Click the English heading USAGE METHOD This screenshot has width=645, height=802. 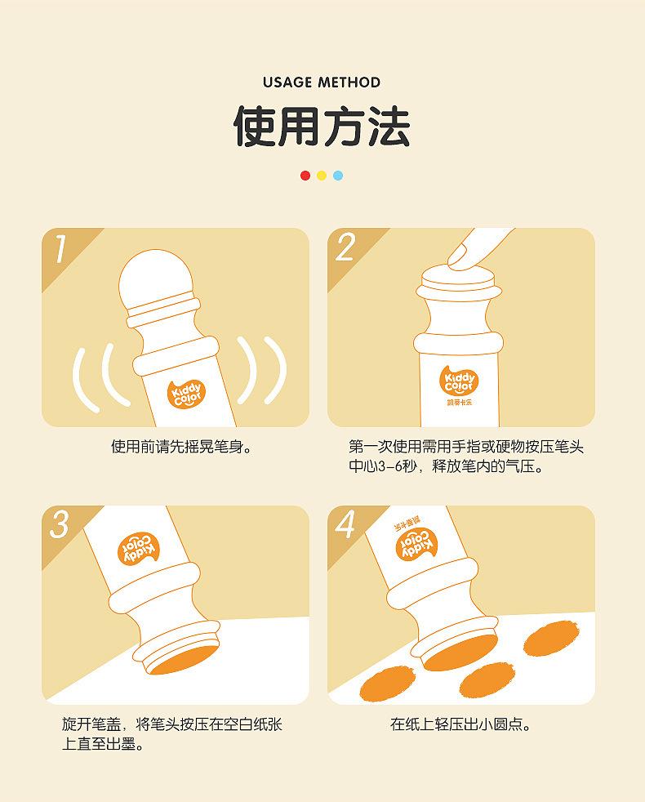[x=322, y=82]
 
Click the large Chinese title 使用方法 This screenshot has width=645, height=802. [x=322, y=127]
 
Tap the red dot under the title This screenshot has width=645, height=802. [x=305, y=176]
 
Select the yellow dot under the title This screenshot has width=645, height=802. [x=322, y=176]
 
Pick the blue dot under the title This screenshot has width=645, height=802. [x=338, y=176]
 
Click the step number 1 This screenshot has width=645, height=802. [x=60, y=249]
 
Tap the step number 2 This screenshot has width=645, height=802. [x=346, y=248]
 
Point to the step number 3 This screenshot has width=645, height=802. [x=60, y=525]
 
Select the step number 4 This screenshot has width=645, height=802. [x=345, y=525]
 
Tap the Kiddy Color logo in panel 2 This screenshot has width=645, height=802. [x=458, y=381]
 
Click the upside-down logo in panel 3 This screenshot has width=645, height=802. [x=138, y=548]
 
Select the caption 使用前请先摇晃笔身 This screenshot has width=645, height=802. [x=182, y=447]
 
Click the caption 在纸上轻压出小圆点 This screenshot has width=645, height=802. [x=460, y=724]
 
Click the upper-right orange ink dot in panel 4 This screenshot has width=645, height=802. [x=551, y=638]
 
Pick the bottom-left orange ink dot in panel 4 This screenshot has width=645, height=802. [x=387, y=684]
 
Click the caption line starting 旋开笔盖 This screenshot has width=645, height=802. [x=171, y=724]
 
